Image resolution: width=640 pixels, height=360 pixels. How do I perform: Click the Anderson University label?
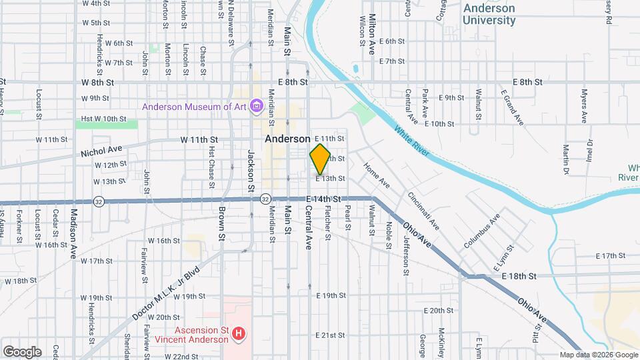pos(489,14)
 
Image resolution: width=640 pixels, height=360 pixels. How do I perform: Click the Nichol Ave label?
pos(103,149)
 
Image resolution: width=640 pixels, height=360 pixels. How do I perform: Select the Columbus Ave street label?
pos(482,231)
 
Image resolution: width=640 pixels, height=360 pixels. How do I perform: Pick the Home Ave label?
pos(376,173)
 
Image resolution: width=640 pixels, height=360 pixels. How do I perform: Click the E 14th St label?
pos(324,199)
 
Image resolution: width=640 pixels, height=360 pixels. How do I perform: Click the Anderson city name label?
pos(287,139)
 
